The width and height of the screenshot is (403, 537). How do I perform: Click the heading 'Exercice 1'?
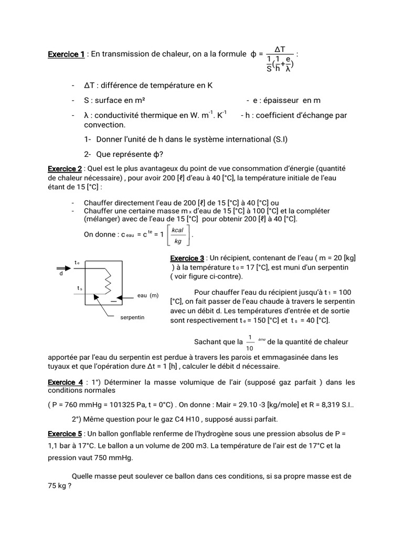click(x=66, y=54)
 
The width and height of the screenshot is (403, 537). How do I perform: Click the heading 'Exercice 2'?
click(x=65, y=168)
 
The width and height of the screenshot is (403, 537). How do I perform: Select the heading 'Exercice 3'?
click(x=187, y=258)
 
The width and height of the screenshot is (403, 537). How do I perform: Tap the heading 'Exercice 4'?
click(x=65, y=382)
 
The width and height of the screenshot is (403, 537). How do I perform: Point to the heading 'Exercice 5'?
click(x=65, y=434)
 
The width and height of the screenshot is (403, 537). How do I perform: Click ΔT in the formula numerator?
click(x=280, y=49)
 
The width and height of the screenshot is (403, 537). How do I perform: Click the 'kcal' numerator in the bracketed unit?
click(x=177, y=230)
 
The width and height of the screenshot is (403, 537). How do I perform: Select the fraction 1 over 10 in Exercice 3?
click(x=250, y=342)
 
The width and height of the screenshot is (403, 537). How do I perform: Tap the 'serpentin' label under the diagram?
click(x=132, y=318)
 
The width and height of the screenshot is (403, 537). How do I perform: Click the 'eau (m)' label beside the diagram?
click(x=147, y=296)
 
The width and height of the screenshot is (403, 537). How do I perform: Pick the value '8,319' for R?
click(x=323, y=405)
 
